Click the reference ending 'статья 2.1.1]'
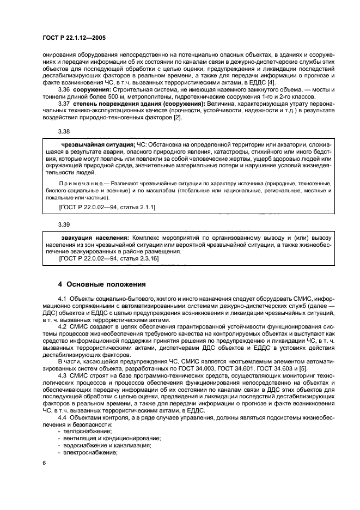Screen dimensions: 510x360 coord(136,208)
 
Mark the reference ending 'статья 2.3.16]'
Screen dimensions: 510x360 coord(138,259)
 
